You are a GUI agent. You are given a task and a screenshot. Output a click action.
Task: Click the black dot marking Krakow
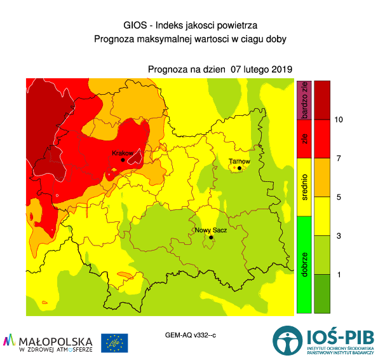[x=123, y=160]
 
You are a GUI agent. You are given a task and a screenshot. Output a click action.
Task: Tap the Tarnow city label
[x=240, y=162]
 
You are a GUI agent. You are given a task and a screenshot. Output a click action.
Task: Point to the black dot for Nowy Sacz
[x=211, y=238]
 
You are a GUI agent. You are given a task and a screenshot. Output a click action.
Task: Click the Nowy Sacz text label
[x=210, y=230]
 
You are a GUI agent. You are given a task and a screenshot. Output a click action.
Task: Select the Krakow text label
[x=122, y=153]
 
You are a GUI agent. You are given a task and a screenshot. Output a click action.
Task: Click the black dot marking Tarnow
[x=240, y=169]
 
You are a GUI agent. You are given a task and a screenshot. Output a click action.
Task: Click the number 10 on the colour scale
[x=339, y=120]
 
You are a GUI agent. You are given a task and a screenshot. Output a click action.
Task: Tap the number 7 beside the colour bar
[x=339, y=158]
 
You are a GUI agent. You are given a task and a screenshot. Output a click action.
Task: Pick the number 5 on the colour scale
[x=339, y=197]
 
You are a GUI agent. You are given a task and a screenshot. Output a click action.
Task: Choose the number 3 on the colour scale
[x=339, y=236]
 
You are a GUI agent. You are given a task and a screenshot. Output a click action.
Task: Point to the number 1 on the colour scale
[x=339, y=274]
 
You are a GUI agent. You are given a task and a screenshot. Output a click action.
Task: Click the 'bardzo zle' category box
[x=304, y=100]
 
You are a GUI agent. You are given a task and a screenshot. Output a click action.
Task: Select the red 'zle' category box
[x=304, y=138]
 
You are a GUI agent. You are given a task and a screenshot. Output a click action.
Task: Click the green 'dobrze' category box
[x=304, y=264]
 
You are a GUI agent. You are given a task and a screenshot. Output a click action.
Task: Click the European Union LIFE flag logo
[x=114, y=343]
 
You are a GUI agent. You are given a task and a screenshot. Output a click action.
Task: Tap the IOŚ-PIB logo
[x=324, y=341]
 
